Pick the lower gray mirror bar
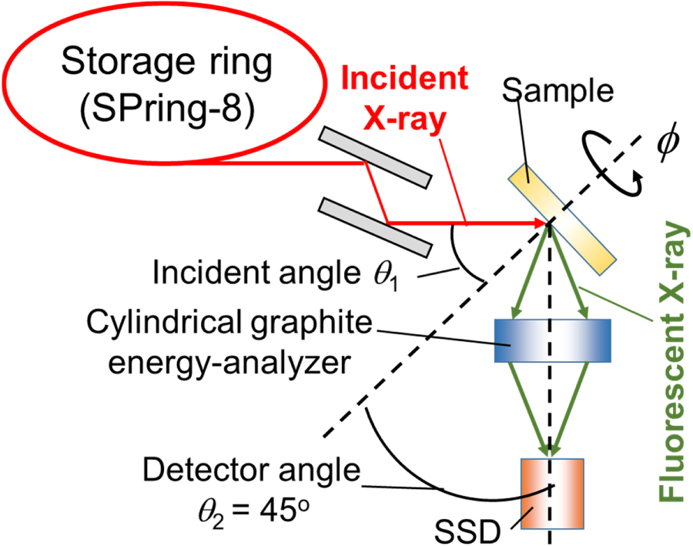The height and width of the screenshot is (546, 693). click(x=375, y=227)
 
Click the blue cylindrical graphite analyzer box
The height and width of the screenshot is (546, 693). click(x=552, y=340)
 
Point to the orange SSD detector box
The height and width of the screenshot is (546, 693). click(x=553, y=494)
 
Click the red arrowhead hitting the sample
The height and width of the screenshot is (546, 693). click(x=541, y=223)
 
